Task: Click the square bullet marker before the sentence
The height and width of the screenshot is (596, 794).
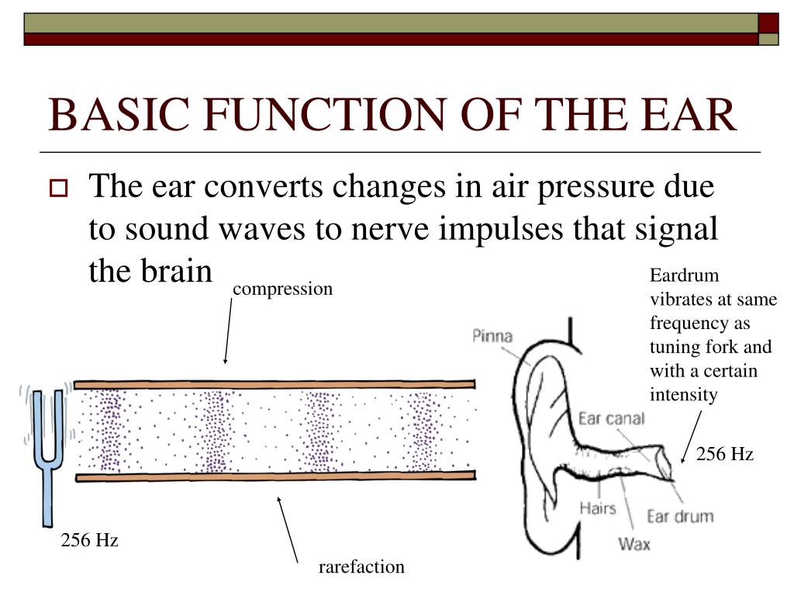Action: tap(59, 188)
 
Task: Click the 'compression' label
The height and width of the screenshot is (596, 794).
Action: tap(282, 289)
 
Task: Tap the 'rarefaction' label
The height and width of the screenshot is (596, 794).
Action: tap(361, 567)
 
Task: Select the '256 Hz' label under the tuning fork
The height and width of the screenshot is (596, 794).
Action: tap(90, 540)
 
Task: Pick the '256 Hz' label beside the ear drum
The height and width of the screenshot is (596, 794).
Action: tap(724, 455)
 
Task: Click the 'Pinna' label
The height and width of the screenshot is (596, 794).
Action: tap(492, 336)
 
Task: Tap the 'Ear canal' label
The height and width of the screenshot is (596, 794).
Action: tap(612, 419)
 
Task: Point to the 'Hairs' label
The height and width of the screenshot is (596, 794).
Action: tap(597, 508)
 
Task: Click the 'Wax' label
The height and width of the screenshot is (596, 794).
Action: tap(633, 543)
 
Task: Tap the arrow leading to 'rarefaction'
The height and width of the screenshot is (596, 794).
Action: tap(287, 528)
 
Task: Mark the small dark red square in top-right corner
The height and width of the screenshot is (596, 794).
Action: tap(768, 23)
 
